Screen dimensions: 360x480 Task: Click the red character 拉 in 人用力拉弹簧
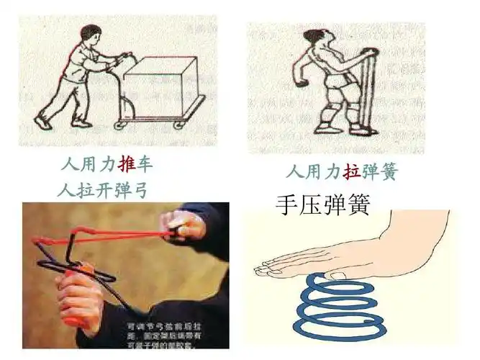(x=352, y=173)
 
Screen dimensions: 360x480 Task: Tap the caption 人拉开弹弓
(x=107, y=190)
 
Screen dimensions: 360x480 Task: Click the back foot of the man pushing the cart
(x=45, y=122)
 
